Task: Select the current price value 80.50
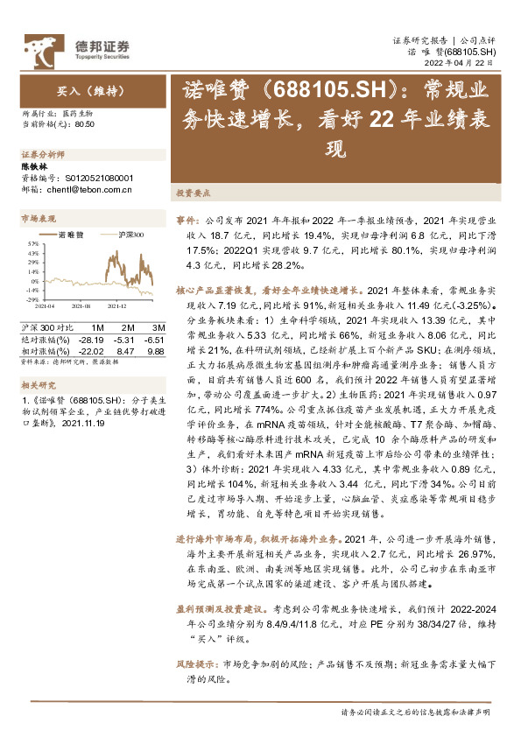coord(85,125)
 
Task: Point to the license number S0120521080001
coord(94,175)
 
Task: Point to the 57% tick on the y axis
coord(33,243)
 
